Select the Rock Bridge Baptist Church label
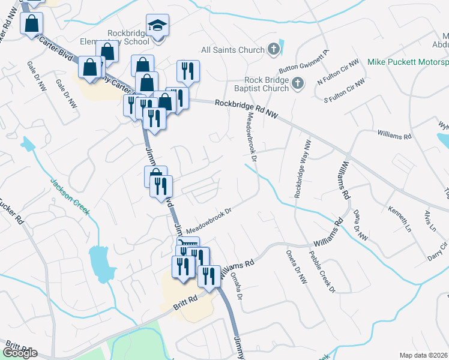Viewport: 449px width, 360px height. (x=267, y=85)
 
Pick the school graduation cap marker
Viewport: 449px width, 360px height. (x=158, y=26)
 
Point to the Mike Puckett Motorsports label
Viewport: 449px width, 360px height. (x=408, y=62)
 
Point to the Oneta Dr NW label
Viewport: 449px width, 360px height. (x=295, y=267)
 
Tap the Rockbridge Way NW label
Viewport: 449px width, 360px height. (x=302, y=170)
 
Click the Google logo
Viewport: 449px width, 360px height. (x=20, y=353)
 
